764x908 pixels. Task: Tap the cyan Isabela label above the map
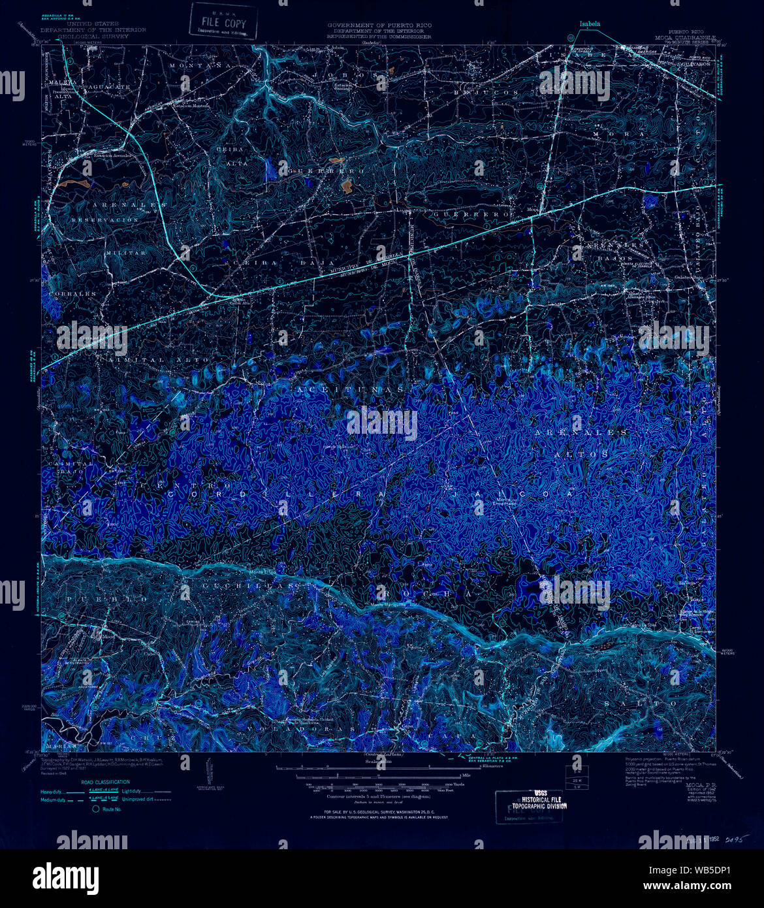tap(589, 24)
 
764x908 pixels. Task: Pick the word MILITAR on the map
tap(125, 252)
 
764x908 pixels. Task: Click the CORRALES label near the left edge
tap(71, 294)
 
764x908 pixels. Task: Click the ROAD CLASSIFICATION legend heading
tap(105, 782)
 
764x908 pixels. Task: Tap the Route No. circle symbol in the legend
tap(95, 809)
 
